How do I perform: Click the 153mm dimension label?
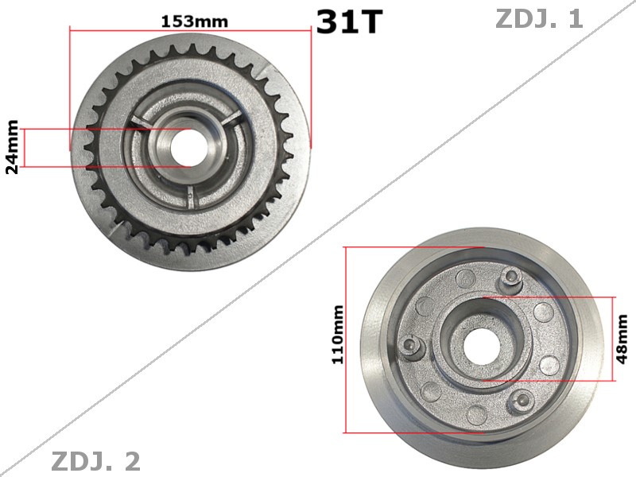(194, 21)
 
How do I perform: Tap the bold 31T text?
(349, 22)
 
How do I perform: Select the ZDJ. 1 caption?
(539, 18)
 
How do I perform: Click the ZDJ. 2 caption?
(95, 460)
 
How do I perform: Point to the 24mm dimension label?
(12, 147)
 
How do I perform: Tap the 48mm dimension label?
(622, 339)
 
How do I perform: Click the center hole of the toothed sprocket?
(189, 147)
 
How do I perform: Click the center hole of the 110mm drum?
(483, 340)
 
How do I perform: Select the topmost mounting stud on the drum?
(511, 277)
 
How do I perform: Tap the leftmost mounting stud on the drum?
(410, 343)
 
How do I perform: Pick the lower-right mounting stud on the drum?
(522, 398)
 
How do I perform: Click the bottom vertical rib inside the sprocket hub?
(191, 192)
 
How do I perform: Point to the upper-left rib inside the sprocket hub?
(139, 121)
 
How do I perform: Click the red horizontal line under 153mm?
(191, 30)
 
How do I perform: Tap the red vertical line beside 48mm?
(613, 339)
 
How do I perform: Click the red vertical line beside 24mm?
(23, 147)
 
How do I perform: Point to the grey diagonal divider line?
(318, 238)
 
